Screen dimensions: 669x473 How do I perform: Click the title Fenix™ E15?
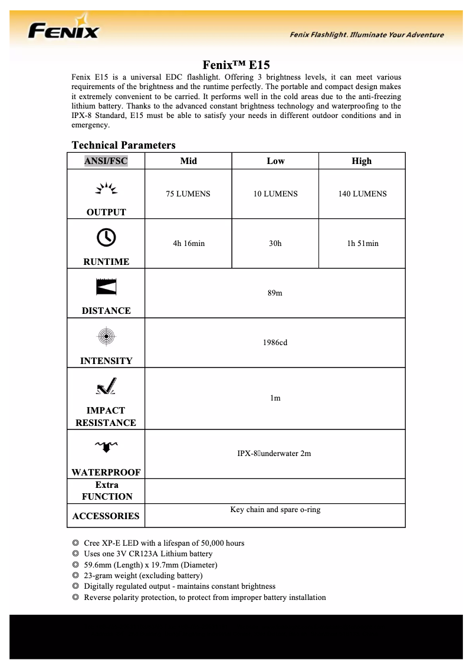point(236,65)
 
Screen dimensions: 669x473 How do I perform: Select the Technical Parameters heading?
point(123,145)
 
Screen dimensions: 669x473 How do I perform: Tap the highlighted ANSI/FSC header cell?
point(106,161)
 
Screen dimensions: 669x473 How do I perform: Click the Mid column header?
point(188,161)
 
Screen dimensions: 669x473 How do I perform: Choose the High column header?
point(362,161)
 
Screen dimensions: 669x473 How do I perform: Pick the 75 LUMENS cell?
point(188,194)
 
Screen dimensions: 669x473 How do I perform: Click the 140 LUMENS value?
point(362,194)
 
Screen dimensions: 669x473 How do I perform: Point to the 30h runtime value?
point(275,243)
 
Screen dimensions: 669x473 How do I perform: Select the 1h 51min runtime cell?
point(362,243)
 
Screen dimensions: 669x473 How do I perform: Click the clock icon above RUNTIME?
point(106,237)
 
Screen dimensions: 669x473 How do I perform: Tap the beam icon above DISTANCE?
point(106,286)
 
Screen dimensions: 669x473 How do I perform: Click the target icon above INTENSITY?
point(106,336)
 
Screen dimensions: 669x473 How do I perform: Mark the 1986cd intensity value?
point(275,343)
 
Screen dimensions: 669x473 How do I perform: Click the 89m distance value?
point(275,293)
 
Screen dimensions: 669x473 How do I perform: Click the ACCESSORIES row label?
point(106,516)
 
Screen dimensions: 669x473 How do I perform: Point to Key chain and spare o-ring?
point(275,509)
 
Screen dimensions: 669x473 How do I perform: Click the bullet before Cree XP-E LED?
point(75,543)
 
